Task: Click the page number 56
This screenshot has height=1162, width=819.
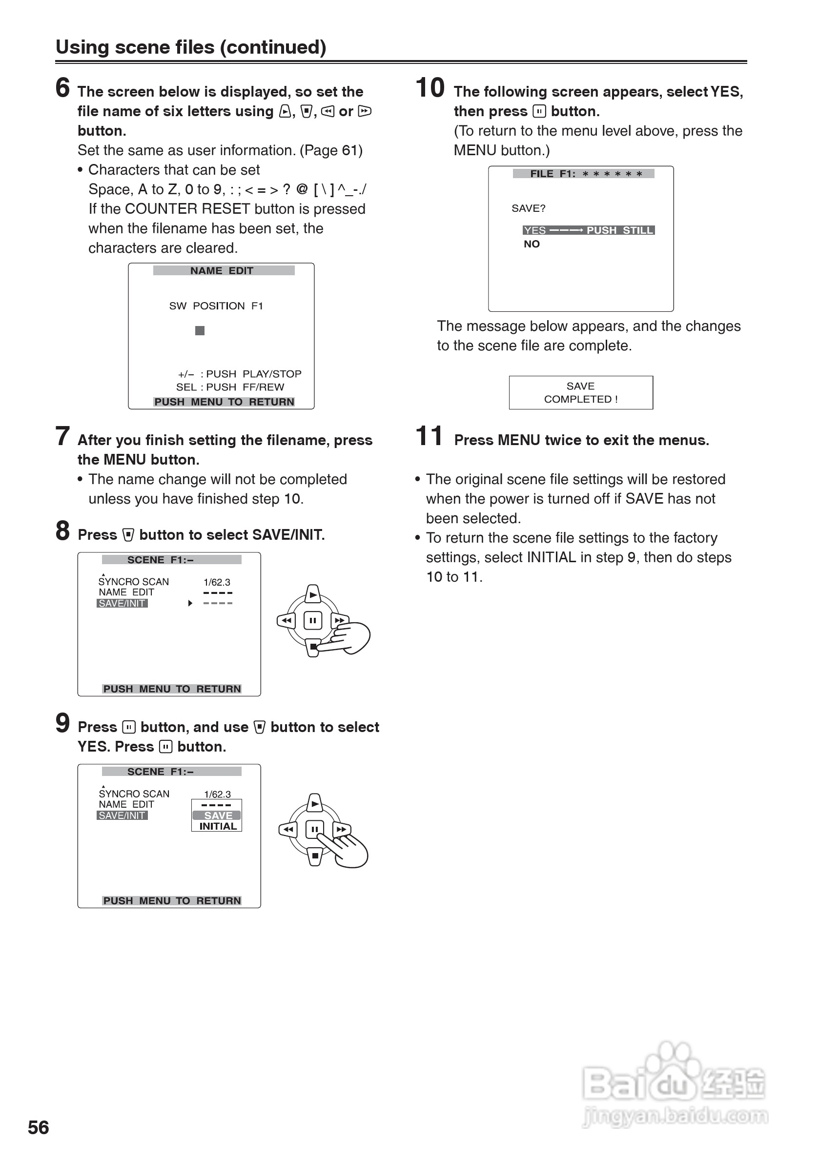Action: (39, 1127)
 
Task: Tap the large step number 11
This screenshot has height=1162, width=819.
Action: (429, 436)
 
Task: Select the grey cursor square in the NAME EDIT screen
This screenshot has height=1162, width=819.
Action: (200, 330)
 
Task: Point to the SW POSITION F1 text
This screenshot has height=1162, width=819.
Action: (216, 306)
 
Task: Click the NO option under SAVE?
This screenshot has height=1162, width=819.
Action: (532, 244)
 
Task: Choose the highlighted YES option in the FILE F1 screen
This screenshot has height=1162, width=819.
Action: (535, 230)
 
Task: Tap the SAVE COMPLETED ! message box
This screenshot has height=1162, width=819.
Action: (581, 392)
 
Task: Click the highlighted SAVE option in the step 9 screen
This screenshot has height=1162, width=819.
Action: (218, 815)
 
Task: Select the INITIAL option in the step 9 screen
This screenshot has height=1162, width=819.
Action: (218, 826)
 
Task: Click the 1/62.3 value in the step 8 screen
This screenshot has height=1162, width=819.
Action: (217, 583)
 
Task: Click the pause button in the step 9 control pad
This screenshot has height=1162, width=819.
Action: (315, 829)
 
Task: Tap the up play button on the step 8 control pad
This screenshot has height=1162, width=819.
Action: (313, 594)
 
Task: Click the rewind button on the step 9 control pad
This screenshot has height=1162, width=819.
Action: (288, 829)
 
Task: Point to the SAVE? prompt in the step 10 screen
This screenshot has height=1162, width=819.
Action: (528, 208)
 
